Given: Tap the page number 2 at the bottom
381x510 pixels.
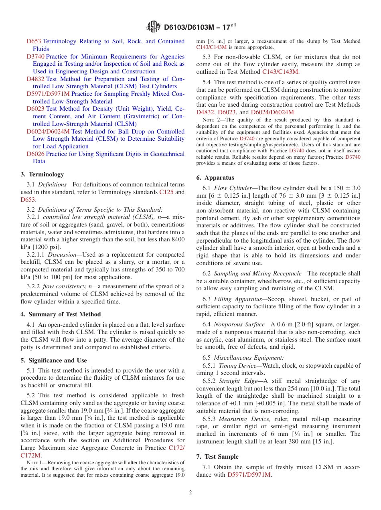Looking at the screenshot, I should click(x=190, y=492).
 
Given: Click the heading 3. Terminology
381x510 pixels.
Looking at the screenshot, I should click(x=42, y=174).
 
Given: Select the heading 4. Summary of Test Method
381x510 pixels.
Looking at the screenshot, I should click(x=61, y=314).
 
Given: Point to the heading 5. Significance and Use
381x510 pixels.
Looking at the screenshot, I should click(x=54, y=360).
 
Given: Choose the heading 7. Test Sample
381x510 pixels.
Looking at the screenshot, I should click(x=217, y=457).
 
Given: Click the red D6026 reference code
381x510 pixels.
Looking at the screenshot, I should click(x=35, y=154).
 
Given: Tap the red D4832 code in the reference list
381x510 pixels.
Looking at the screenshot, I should click(x=35, y=79).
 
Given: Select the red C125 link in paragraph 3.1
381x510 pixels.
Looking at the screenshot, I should click(x=166, y=192).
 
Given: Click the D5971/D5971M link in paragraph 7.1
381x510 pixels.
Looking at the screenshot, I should click(x=249, y=475).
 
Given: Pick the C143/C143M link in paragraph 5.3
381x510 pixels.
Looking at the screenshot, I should click(x=280, y=72).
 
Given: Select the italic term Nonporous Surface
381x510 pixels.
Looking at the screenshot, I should click(x=239, y=324).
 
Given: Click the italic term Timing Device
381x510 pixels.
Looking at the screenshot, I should click(x=235, y=366).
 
